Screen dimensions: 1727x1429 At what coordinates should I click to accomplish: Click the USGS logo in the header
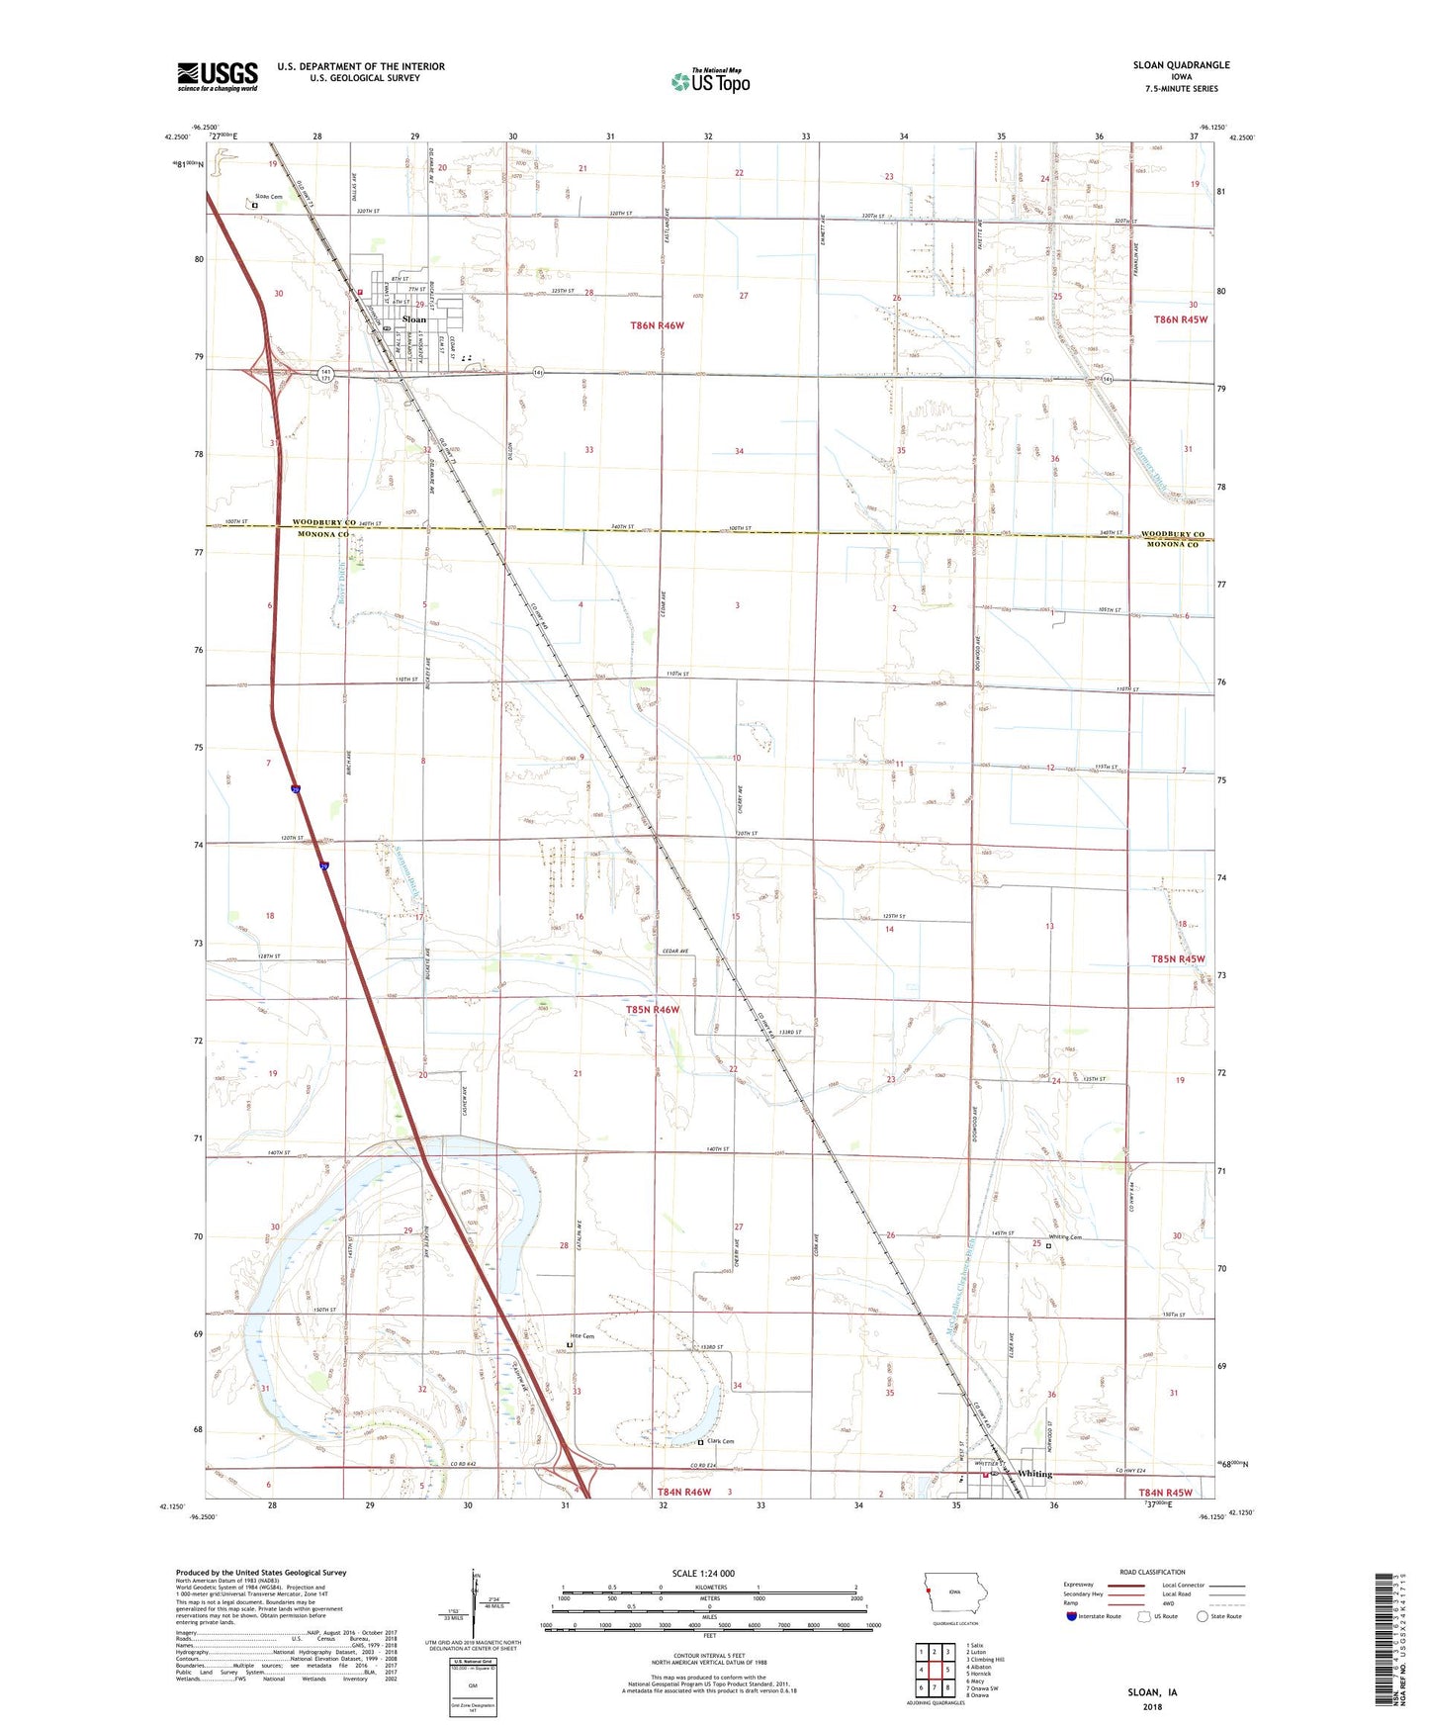pyautogui.click(x=217, y=75)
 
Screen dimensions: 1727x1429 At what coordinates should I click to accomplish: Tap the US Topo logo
pyautogui.click(x=711, y=81)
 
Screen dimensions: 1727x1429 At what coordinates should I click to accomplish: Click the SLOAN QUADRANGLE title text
pyautogui.click(x=1181, y=65)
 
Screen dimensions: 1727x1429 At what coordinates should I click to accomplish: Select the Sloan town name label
pyautogui.click(x=414, y=319)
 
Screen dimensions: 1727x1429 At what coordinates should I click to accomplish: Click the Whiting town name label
pyautogui.click(x=1034, y=1474)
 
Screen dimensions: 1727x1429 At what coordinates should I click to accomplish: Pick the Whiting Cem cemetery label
pyautogui.click(x=1065, y=1236)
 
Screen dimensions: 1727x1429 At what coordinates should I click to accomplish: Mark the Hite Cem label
pyautogui.click(x=581, y=1336)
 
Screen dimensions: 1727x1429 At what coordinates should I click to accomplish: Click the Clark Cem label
pyautogui.click(x=720, y=1441)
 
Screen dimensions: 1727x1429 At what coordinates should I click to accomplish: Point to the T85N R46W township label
pyautogui.click(x=653, y=1010)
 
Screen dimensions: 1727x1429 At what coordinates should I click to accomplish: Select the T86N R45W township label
pyautogui.click(x=1181, y=319)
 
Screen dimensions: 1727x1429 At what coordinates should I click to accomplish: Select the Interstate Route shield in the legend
pyautogui.click(x=1071, y=1616)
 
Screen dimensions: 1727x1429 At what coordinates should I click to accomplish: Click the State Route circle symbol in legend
pyautogui.click(x=1202, y=1616)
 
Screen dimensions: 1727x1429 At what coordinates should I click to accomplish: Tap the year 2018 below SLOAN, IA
pyautogui.click(x=1152, y=1707)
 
